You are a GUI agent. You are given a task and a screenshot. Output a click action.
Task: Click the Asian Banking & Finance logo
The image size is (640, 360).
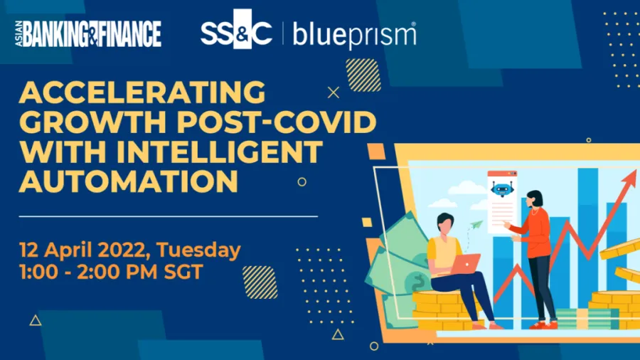click(x=88, y=33)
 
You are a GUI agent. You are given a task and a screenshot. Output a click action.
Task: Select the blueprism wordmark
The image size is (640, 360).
click(x=354, y=35)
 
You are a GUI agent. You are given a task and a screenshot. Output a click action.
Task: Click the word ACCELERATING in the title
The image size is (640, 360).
click(x=142, y=92)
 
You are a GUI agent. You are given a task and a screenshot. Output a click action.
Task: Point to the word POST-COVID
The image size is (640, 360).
click(x=277, y=122)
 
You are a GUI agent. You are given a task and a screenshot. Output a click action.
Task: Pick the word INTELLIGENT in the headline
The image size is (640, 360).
click(x=220, y=152)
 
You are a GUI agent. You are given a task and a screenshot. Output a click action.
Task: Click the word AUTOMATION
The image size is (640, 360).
click(x=129, y=181)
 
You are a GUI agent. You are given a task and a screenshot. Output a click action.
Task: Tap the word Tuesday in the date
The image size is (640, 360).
click(x=199, y=250)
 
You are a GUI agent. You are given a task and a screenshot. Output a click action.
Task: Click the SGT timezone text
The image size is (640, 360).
click(x=183, y=272)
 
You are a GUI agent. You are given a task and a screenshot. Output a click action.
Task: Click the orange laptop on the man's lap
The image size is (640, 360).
click(x=466, y=264)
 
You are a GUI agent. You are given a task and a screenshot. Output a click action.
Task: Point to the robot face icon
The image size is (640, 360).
click(x=501, y=189)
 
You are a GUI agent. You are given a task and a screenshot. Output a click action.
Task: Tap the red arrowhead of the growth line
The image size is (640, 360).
click(x=629, y=179)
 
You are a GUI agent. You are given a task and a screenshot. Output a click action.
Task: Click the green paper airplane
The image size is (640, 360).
click(x=476, y=224)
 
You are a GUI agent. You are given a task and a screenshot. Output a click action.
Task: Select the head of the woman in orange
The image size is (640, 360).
click(x=534, y=200)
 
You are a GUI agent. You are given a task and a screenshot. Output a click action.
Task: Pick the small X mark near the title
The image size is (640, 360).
click(x=334, y=92)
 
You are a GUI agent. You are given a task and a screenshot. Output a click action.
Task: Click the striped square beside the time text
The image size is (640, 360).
click(x=260, y=282)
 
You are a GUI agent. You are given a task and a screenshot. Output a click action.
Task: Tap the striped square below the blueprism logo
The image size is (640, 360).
click(x=363, y=75)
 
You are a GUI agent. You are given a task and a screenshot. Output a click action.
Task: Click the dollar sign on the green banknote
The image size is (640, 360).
click(x=418, y=282)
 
